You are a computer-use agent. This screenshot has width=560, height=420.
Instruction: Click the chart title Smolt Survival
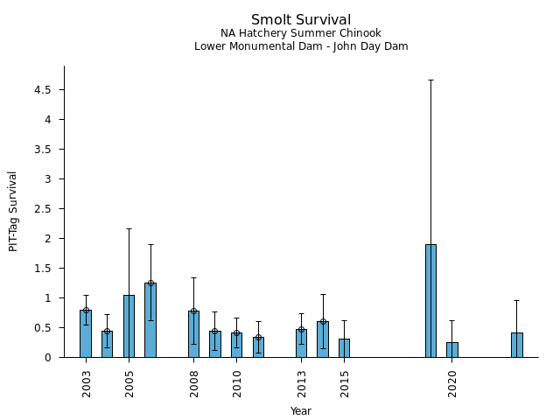tap(301, 20)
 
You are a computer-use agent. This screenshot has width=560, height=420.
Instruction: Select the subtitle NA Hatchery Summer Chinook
tap(301, 33)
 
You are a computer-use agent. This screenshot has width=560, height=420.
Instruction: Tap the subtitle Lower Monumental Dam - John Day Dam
tap(301, 46)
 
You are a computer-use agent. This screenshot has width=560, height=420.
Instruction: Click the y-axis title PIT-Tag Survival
tap(13, 211)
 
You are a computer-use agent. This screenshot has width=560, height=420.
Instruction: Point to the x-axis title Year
tap(301, 411)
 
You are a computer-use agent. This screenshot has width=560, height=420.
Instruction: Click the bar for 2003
tap(86, 333)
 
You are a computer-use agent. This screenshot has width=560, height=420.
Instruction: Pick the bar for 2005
tap(129, 325)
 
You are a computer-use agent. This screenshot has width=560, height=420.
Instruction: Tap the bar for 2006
tap(150, 320)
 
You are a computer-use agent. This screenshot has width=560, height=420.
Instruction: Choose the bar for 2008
tap(193, 334)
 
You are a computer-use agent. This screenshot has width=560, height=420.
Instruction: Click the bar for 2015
tap(344, 348)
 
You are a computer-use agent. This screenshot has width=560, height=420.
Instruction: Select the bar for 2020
tap(452, 350)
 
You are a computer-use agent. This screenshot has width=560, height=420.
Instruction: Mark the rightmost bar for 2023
tap(517, 345)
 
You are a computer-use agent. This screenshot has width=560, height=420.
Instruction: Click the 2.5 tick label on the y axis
tap(44, 209)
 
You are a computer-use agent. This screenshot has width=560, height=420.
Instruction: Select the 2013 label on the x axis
tap(302, 383)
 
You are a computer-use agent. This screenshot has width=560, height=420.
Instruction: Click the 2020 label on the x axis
tap(452, 383)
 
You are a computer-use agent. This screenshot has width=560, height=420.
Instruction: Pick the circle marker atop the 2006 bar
tap(150, 283)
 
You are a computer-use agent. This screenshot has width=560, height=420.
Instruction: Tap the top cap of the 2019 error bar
tap(430, 80)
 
